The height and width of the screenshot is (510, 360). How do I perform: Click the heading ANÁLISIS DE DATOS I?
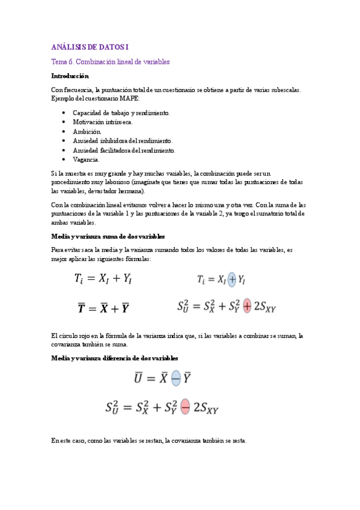90,47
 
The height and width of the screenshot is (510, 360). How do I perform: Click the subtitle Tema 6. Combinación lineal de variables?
111,61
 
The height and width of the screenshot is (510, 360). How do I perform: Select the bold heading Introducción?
70,76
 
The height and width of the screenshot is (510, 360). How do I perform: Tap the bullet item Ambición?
87,131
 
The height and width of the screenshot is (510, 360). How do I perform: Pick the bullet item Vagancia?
87,159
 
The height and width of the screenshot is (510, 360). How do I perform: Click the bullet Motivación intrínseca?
103,121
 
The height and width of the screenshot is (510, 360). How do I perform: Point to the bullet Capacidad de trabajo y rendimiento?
121,112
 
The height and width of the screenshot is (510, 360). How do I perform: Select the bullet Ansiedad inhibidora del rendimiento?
123,141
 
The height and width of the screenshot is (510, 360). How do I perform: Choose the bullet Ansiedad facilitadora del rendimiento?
124,150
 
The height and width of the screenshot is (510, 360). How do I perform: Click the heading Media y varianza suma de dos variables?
108,237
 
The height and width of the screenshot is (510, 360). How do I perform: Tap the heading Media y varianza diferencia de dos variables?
115,358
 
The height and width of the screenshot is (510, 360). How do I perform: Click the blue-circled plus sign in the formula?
233,279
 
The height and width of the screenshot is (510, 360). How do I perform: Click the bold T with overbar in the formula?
81,309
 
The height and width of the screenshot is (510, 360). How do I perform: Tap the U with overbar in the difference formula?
138,379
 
